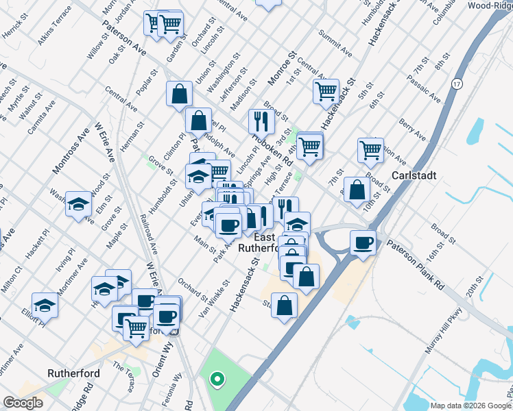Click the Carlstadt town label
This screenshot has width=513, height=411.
point(414,175)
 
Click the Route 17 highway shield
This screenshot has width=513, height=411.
point(456,84)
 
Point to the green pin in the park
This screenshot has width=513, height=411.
point(217,377)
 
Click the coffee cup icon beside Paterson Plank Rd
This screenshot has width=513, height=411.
point(363,242)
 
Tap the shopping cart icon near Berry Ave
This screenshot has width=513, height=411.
point(370,149)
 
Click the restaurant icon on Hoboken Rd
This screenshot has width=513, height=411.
point(261,121)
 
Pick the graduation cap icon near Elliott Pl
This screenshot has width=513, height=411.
point(45,304)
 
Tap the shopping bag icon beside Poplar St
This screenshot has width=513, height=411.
point(179,94)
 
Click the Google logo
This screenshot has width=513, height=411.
point(23,403)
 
